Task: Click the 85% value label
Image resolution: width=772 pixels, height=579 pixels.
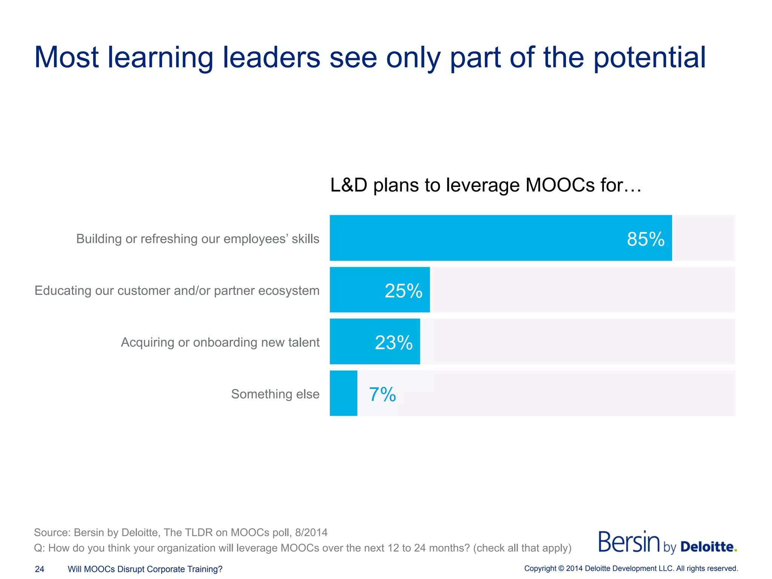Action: click(645, 239)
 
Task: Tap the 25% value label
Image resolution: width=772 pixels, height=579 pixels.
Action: click(403, 291)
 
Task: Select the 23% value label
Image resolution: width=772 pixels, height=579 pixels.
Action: click(394, 342)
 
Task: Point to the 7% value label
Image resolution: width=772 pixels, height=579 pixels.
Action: click(382, 394)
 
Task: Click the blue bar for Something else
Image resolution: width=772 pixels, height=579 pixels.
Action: click(343, 393)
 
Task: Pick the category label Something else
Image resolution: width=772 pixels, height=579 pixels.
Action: click(275, 394)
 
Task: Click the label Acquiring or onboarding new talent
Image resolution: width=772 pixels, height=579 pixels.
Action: click(220, 342)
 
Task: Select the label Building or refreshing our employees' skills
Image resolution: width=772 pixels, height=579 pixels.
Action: click(198, 239)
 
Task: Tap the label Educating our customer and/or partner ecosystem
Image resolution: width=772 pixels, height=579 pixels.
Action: click(177, 291)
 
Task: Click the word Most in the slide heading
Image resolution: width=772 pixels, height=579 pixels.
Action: click(66, 58)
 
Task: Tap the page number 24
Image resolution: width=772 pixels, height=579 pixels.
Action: click(40, 569)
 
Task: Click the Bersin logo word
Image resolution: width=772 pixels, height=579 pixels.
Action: click(629, 542)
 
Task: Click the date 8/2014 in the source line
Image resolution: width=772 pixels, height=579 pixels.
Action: click(311, 532)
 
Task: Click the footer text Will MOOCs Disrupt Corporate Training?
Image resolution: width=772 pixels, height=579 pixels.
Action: click(145, 569)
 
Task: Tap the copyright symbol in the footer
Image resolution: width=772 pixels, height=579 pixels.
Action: click(561, 568)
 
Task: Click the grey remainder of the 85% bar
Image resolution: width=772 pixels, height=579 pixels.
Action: click(703, 238)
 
